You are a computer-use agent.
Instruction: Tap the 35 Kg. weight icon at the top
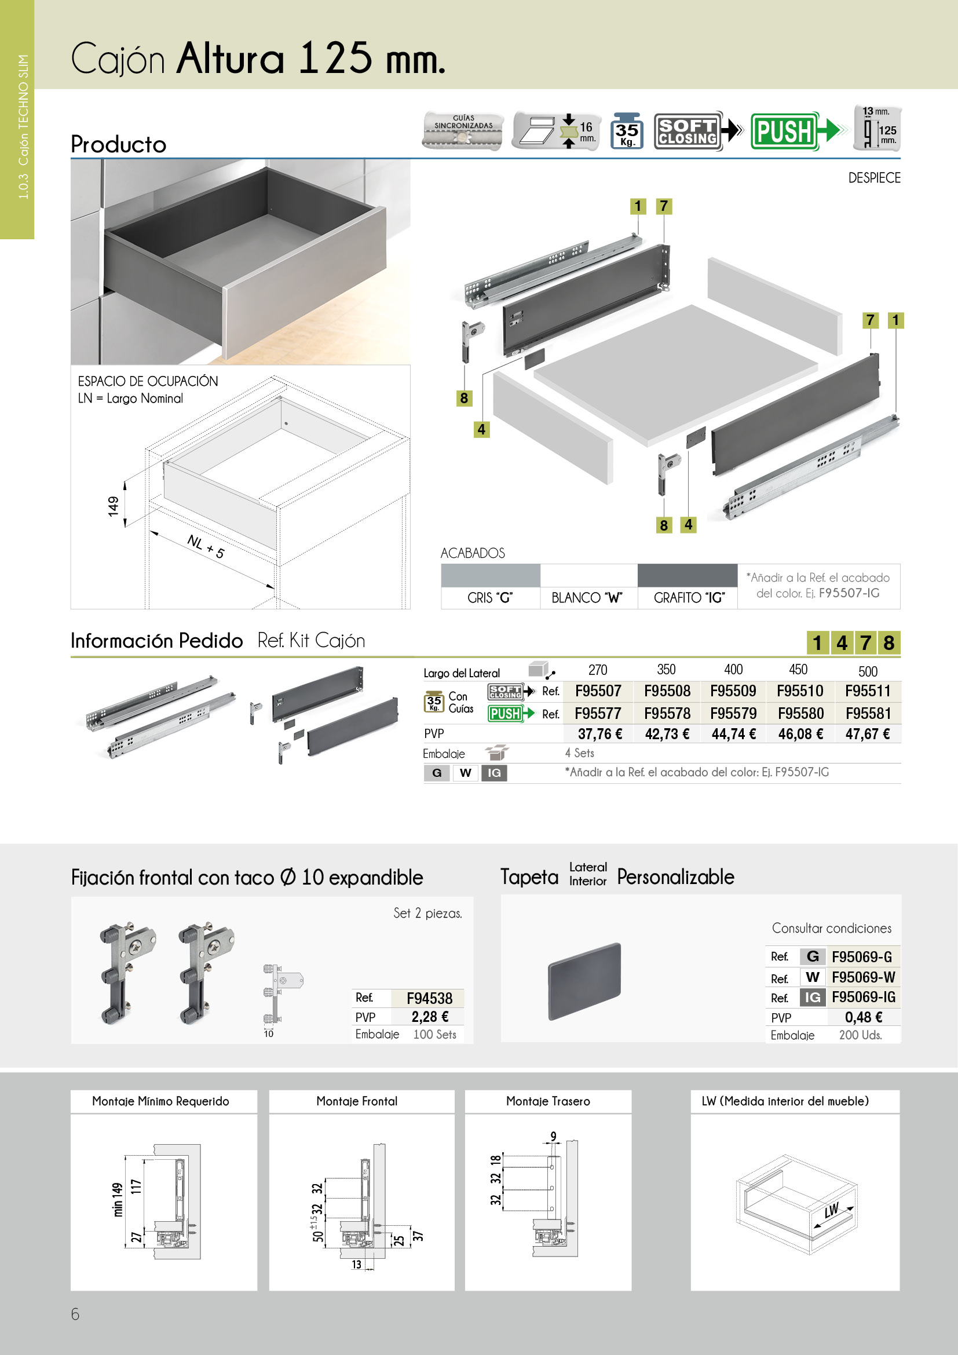(x=627, y=131)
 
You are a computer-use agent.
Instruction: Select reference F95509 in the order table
(x=733, y=691)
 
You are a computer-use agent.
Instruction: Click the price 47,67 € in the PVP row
(x=867, y=734)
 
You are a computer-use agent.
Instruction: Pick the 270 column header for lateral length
(x=598, y=670)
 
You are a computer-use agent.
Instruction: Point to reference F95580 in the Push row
(x=800, y=714)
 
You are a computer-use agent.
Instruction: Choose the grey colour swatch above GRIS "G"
(x=490, y=575)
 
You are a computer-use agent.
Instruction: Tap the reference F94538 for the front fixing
(x=429, y=999)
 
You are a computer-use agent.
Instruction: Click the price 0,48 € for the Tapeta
(x=864, y=1017)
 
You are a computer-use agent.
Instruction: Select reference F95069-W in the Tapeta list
(x=863, y=977)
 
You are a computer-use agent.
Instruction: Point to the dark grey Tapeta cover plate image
(x=584, y=981)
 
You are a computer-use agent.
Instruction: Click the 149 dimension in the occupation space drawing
(x=114, y=506)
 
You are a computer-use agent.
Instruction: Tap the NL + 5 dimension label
(x=205, y=546)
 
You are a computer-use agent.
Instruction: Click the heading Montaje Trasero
(x=548, y=1101)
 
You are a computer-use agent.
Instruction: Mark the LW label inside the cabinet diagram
(x=832, y=1210)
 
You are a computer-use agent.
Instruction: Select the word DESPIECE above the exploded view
(x=873, y=178)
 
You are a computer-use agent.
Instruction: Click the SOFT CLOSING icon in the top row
(x=688, y=131)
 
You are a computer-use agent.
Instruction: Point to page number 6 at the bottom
(x=75, y=1314)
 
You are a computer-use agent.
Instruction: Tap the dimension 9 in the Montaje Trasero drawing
(x=553, y=1136)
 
